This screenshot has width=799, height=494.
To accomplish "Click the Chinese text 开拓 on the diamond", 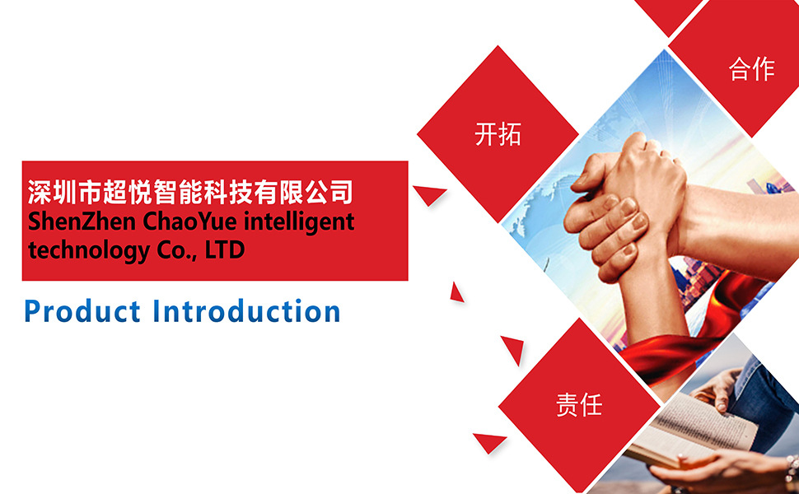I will [498, 134].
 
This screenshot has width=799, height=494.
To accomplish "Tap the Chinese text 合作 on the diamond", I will [752, 69].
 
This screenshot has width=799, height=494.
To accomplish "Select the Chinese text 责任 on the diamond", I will [579, 405].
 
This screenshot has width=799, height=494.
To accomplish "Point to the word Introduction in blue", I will [247, 312].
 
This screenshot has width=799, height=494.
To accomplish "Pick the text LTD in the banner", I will [225, 249].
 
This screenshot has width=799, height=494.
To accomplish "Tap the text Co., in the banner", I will [177, 250].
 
